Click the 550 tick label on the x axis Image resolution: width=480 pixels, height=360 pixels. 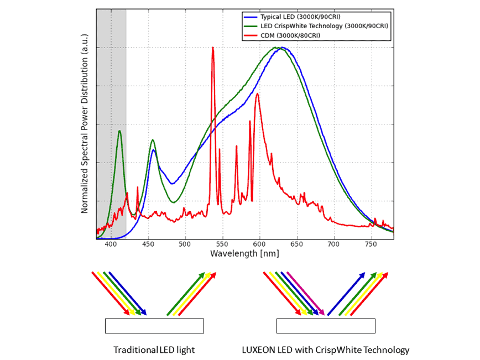point(223,244)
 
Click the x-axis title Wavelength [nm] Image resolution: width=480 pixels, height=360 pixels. point(244,253)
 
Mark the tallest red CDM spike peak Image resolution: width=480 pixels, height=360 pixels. point(213,48)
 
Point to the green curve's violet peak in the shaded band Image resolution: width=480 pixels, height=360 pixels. point(119,131)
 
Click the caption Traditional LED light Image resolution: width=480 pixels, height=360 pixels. point(154,350)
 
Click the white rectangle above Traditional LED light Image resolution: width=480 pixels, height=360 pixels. point(154,326)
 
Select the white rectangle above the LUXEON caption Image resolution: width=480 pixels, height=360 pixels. point(326,326)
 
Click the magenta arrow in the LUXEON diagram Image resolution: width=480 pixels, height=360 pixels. point(305,293)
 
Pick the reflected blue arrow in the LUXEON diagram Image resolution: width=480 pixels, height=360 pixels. point(346,293)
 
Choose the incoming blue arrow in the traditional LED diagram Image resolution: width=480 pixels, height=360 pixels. point(127,293)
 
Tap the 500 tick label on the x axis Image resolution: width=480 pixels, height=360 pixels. point(186,244)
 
